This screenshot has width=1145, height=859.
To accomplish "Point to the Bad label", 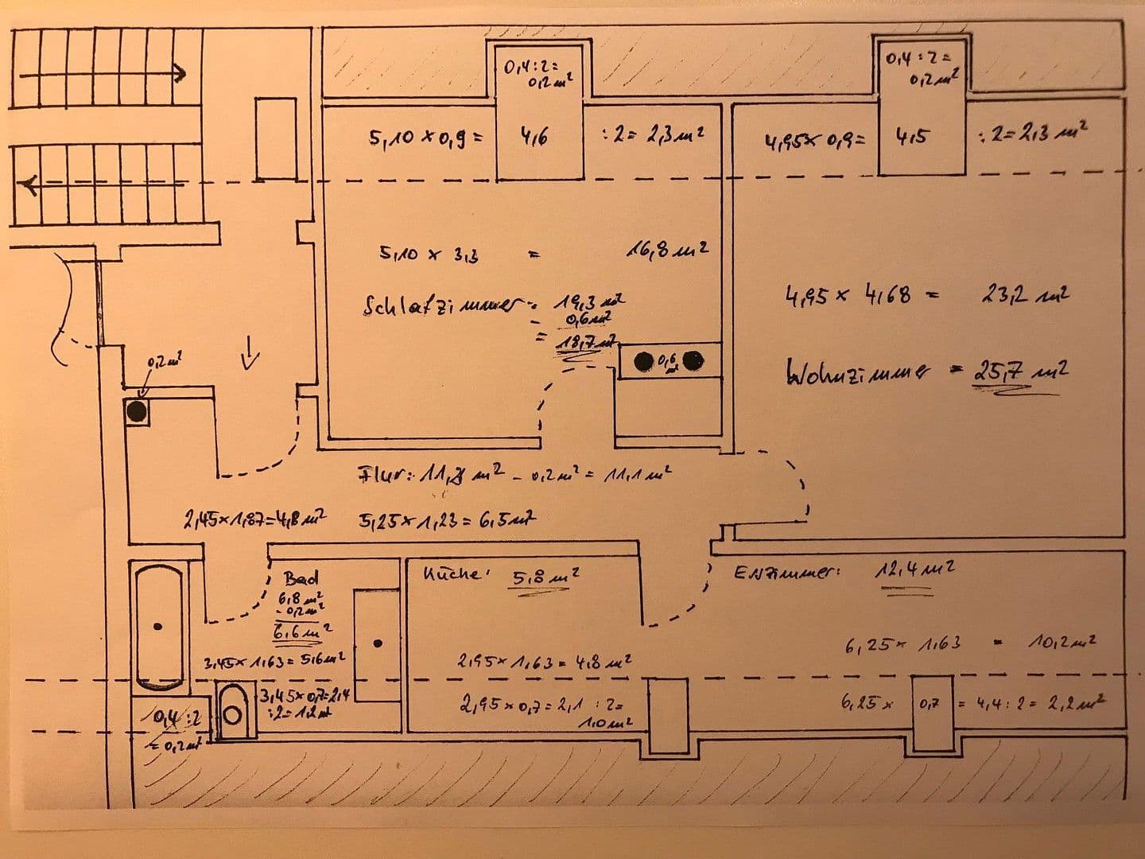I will click(301, 578).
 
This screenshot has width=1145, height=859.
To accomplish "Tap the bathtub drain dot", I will click(160, 626).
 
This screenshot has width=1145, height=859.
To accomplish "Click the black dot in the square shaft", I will click(137, 411).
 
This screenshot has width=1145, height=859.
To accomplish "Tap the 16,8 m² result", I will click(667, 251).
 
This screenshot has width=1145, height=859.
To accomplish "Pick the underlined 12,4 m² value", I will click(914, 569).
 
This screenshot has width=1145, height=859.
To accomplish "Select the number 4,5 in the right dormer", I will click(911, 137).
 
